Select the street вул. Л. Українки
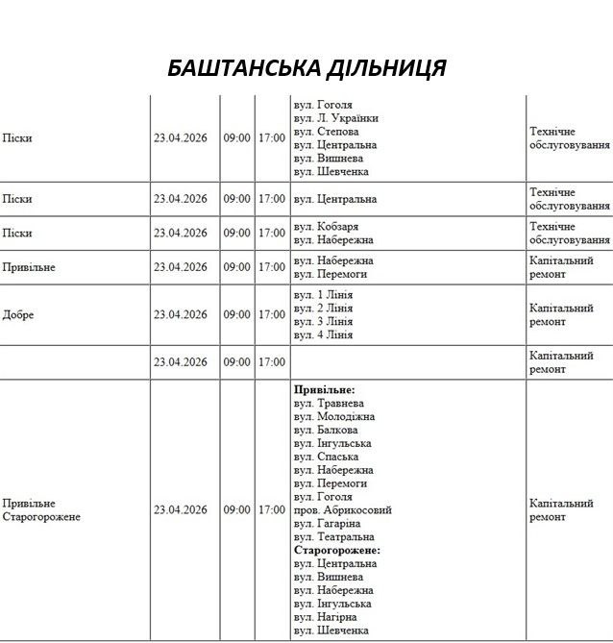(335, 118)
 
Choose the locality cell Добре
(18, 314)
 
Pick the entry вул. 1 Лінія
(323, 295)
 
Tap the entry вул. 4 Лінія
(323, 335)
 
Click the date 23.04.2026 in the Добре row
(181, 314)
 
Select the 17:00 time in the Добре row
(271, 314)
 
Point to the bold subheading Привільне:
(325, 390)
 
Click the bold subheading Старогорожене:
(337, 551)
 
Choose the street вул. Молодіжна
(334, 417)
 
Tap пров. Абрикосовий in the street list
(343, 510)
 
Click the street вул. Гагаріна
(329, 524)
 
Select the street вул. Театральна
(333, 537)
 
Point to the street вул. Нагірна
(326, 617)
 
